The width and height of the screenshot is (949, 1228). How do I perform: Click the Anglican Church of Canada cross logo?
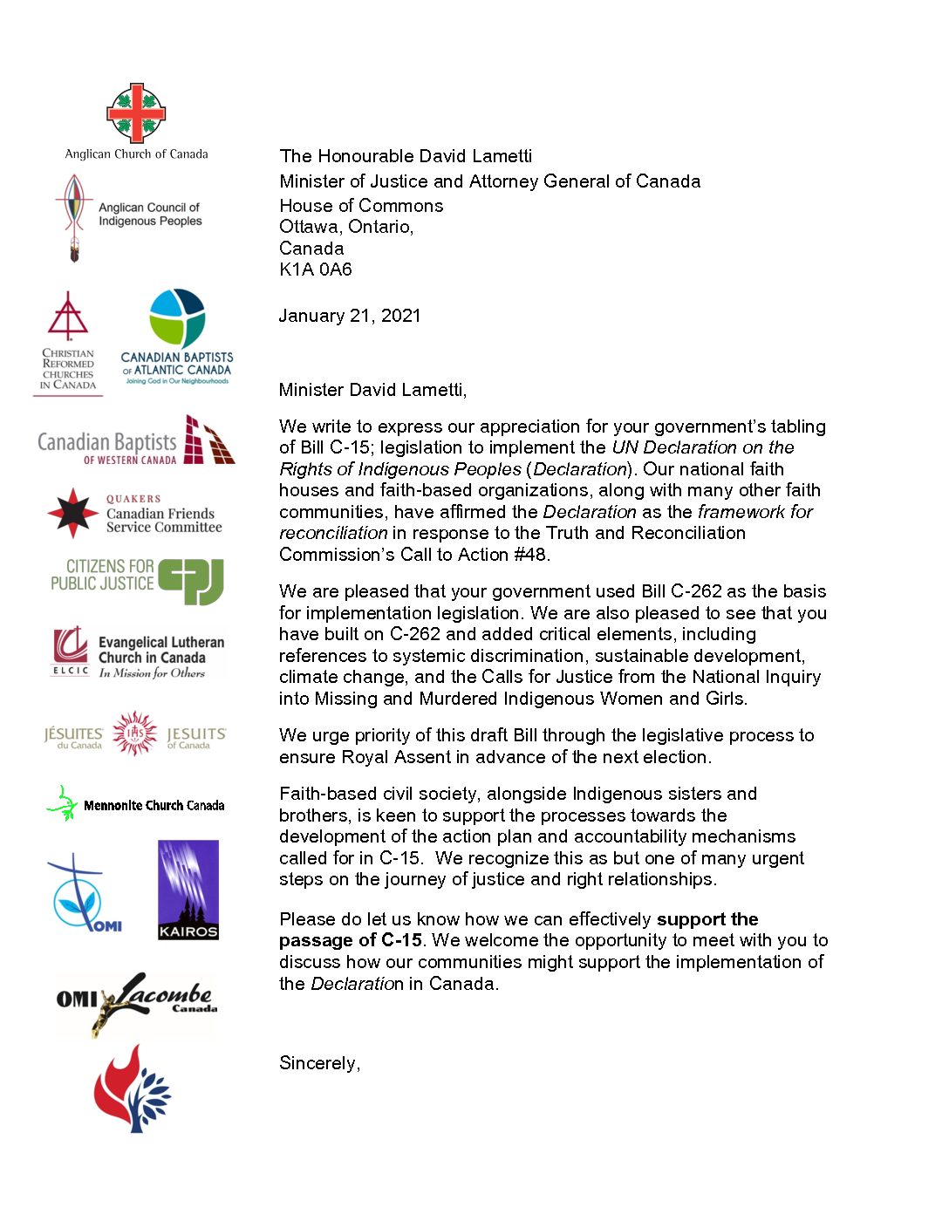(x=136, y=113)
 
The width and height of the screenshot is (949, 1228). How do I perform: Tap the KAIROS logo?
(x=188, y=890)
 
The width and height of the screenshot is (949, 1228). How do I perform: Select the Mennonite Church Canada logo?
(x=135, y=804)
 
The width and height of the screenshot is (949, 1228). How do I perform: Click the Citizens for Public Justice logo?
(x=137, y=580)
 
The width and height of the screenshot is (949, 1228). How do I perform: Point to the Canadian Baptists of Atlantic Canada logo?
(x=177, y=337)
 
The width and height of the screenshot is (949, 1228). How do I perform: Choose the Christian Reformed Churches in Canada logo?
(x=68, y=344)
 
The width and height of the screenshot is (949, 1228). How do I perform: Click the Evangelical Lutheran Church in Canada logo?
(x=139, y=653)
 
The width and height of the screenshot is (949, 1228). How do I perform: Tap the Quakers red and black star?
(x=72, y=513)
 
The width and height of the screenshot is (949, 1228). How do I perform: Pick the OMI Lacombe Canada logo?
(x=137, y=1003)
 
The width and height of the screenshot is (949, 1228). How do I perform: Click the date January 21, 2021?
(x=350, y=316)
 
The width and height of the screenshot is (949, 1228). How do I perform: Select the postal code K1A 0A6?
(x=316, y=269)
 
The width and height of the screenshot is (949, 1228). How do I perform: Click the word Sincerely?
(x=318, y=1063)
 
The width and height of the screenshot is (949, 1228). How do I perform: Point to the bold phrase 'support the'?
(x=707, y=919)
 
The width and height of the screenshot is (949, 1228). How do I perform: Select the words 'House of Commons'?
(x=361, y=206)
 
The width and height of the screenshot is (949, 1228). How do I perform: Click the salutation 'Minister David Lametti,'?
(x=372, y=390)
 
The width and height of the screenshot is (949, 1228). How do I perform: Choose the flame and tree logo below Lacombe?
(x=133, y=1089)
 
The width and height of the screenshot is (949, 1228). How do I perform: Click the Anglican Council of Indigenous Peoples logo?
(x=127, y=216)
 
